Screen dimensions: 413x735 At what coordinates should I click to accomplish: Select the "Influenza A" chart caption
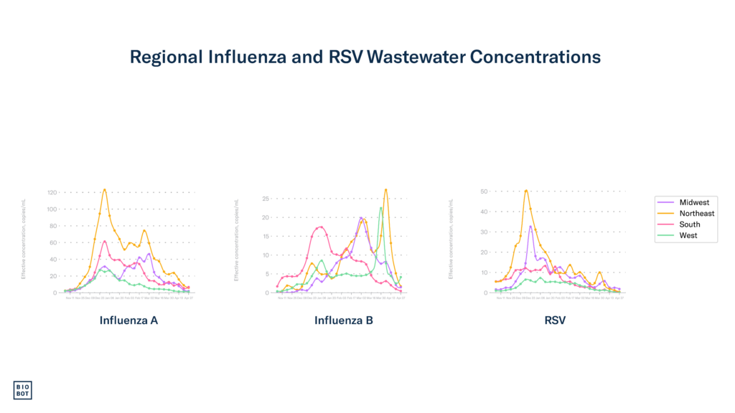128,321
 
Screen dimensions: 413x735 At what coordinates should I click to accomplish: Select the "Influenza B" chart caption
344,321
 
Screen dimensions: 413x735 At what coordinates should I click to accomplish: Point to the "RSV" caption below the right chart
555,321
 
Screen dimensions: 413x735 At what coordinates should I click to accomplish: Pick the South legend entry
689,224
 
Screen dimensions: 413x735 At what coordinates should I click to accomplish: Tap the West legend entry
688,235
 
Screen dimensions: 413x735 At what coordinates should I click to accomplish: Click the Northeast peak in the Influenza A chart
105,189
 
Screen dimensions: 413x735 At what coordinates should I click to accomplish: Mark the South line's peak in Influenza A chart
104,241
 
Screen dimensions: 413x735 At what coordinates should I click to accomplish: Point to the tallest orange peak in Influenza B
386,189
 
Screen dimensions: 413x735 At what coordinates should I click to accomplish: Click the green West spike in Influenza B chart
381,208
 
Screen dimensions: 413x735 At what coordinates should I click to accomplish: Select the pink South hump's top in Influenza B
320,227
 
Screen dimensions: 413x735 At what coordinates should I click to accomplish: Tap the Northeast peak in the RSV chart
526,190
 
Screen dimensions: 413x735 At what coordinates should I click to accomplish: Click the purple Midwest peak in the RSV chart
530,227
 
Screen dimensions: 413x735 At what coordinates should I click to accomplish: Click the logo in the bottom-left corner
22,389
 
